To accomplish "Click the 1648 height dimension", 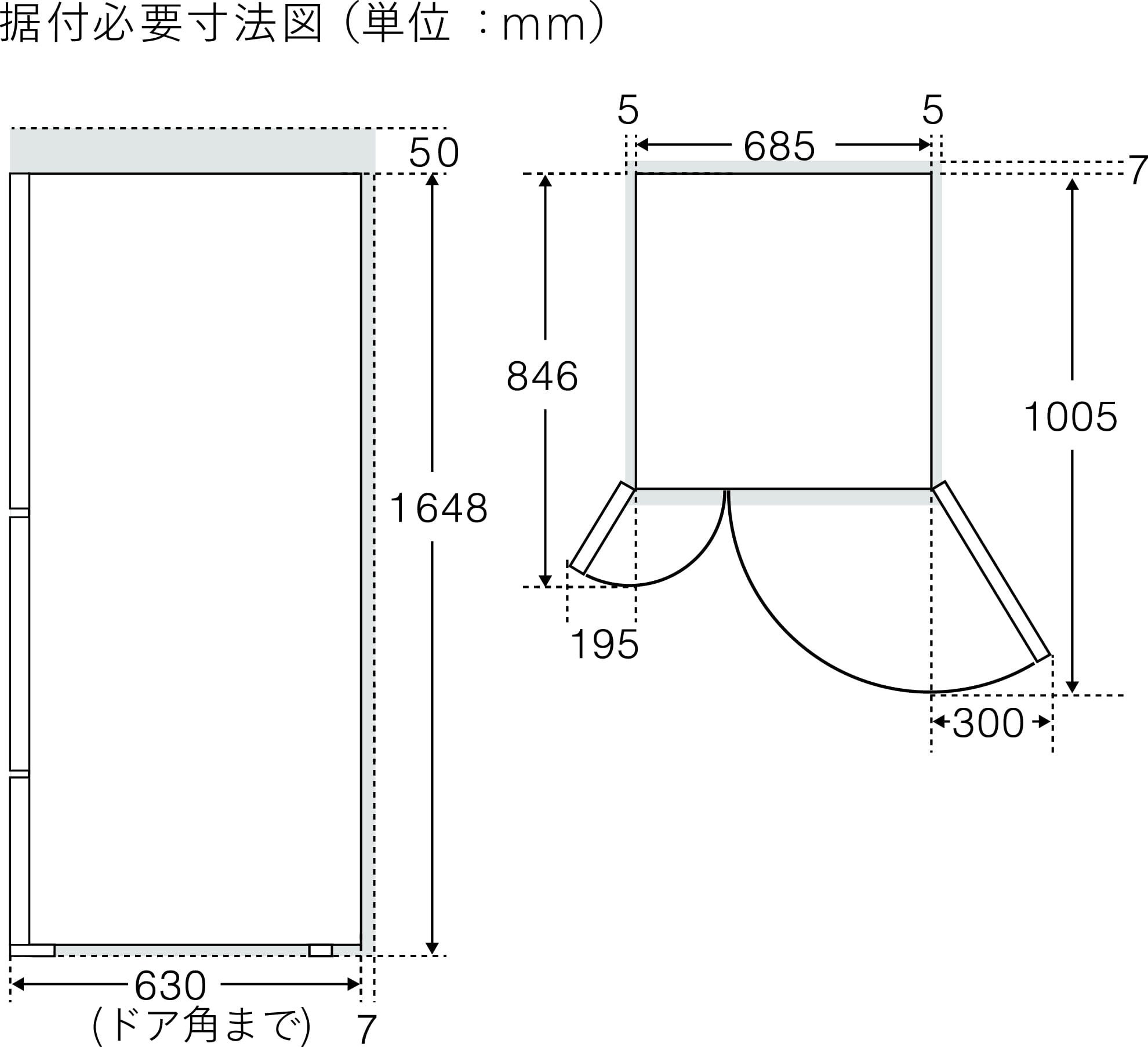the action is (x=439, y=508).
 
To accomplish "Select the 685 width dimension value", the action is (x=779, y=146).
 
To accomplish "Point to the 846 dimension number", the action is (x=542, y=376).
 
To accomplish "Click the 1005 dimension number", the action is (x=1070, y=417).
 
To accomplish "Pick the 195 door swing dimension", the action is (x=604, y=644).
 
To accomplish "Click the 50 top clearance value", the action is (x=434, y=154).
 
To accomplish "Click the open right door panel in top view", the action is (x=992, y=571).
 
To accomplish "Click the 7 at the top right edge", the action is (x=1139, y=170).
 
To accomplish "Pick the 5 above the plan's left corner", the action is (x=628, y=110).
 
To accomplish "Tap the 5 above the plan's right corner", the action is (x=932, y=110).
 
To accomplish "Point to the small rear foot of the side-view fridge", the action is (x=321, y=950).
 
